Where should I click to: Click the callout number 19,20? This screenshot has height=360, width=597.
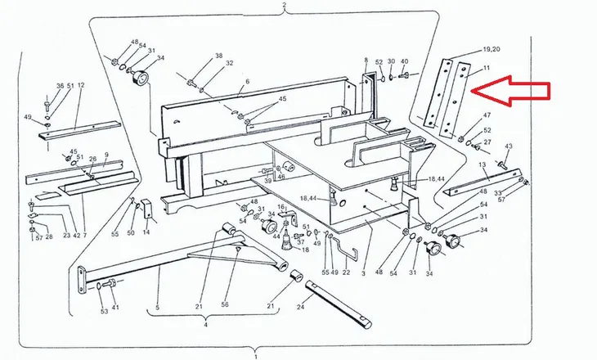pyautogui.click(x=492, y=49)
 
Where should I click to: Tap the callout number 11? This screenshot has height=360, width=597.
pyautogui.click(x=487, y=68)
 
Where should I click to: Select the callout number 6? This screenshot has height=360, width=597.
pyautogui.click(x=248, y=82)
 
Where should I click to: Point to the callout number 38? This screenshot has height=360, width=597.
pyautogui.click(x=218, y=56)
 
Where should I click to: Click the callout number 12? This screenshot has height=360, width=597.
pyautogui.click(x=81, y=85)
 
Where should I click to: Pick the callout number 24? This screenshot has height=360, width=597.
pyautogui.click(x=301, y=306)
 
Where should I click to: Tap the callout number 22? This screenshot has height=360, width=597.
pyautogui.click(x=346, y=272)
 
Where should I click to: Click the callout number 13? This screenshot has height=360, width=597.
pyautogui.click(x=483, y=164)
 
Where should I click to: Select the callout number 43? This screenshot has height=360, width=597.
pyautogui.click(x=509, y=146)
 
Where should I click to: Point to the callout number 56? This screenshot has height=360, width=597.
pyautogui.click(x=225, y=304)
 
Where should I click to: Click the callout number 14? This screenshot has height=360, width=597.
pyautogui.click(x=146, y=232)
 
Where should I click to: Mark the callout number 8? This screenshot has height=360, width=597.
pyautogui.click(x=366, y=60)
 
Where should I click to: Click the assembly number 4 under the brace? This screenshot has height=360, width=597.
pyautogui.click(x=205, y=325)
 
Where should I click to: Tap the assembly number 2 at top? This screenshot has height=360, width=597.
pyautogui.click(x=284, y=5)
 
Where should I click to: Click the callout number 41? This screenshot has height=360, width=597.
pyautogui.click(x=115, y=307)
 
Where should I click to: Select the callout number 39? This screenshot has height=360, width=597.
pyautogui.click(x=268, y=181)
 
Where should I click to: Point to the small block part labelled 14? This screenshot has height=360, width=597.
pyautogui.click(x=149, y=209)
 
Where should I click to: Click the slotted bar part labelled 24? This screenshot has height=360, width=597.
pyautogui.click(x=339, y=304)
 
